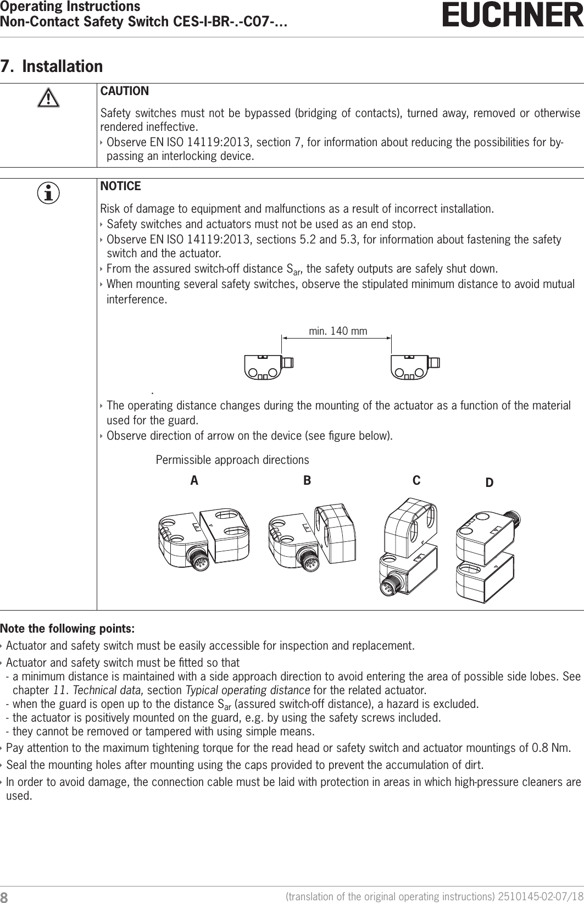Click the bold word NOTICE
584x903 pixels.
121,186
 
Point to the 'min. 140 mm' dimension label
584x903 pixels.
338,331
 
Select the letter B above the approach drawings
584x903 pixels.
307,480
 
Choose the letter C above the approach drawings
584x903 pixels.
416,480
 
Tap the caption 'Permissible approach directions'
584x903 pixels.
232,459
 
